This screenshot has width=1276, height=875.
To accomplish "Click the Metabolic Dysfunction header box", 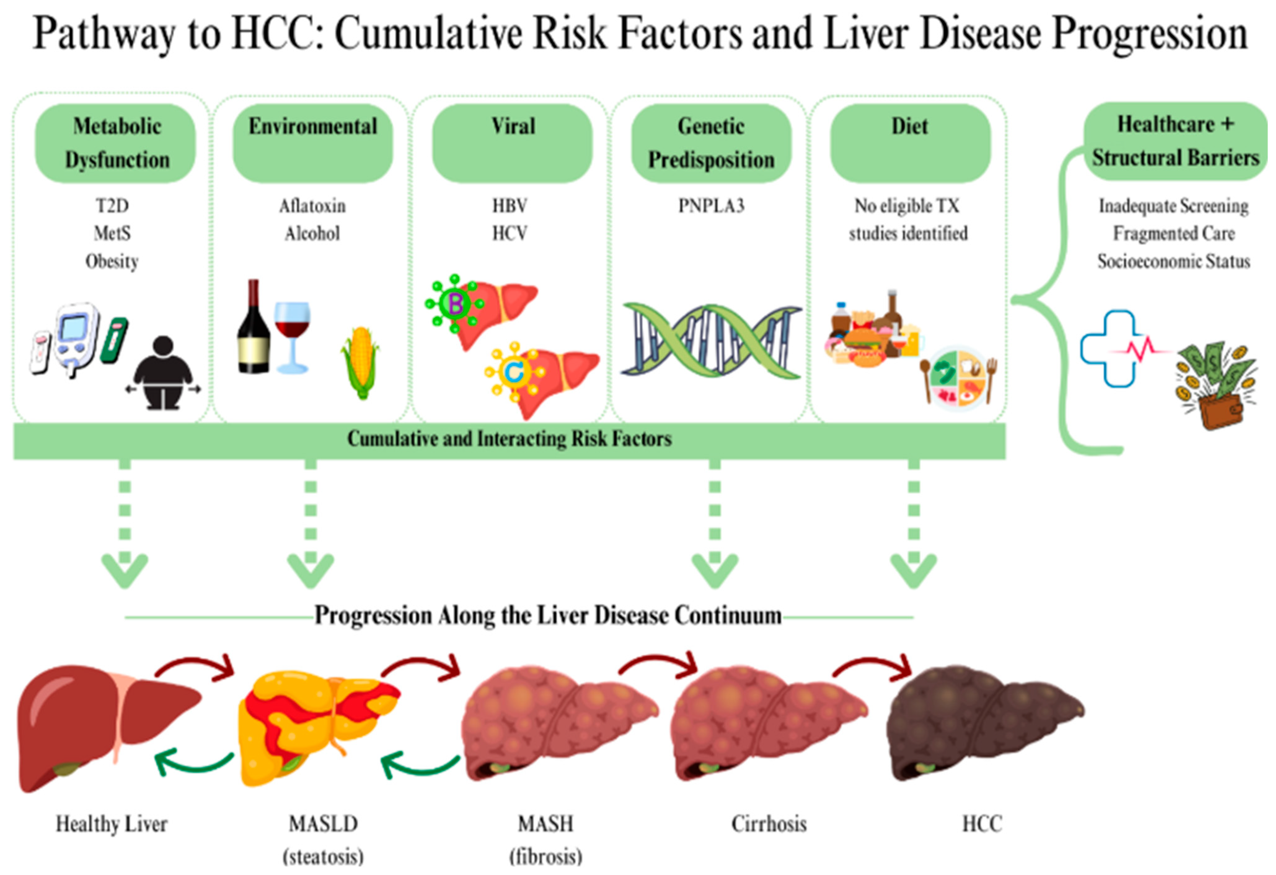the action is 115,143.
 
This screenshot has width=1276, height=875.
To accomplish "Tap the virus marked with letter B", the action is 455,303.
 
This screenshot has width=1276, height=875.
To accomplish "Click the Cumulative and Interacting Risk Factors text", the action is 510,439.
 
